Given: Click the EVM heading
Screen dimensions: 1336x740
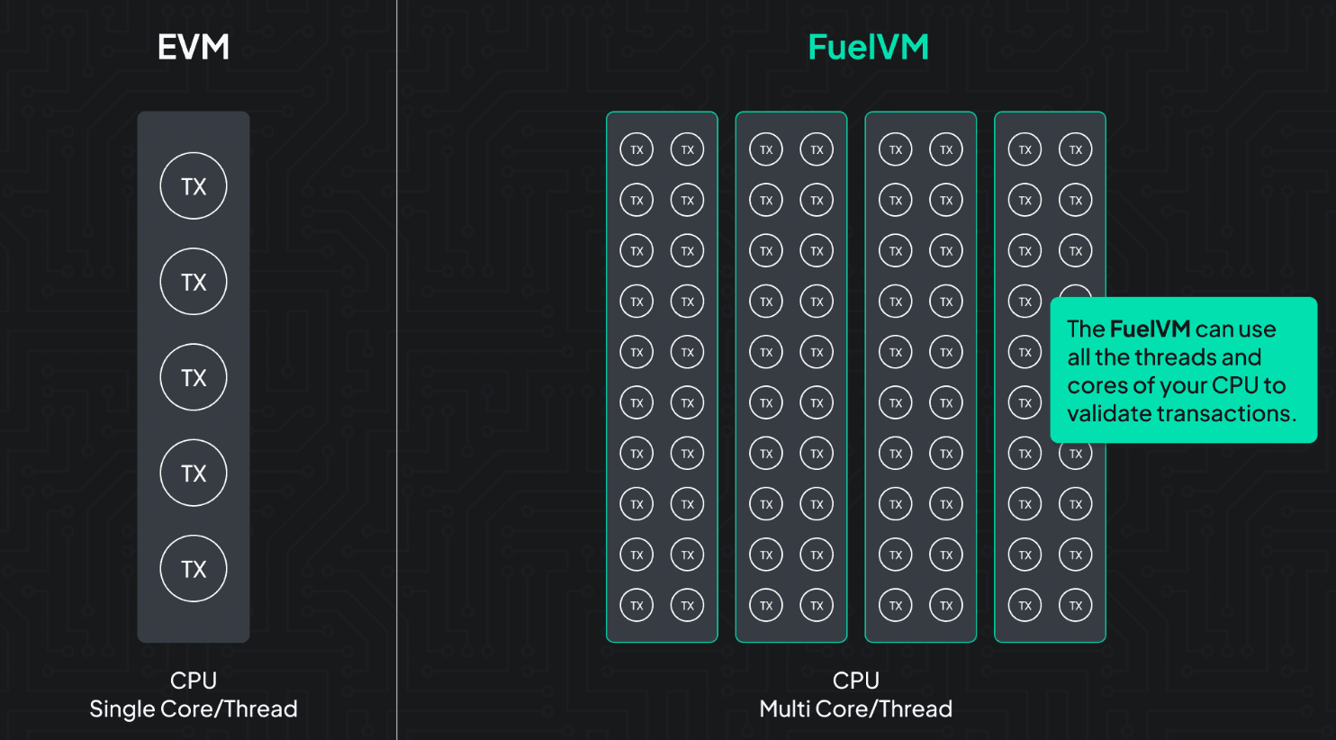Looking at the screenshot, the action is point(194,47).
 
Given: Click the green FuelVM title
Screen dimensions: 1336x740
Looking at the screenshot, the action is point(869,47).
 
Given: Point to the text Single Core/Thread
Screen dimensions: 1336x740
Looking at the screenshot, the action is point(194,709).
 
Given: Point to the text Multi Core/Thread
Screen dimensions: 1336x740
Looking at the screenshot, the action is point(856,709).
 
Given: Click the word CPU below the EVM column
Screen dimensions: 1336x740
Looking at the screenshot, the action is point(194,681).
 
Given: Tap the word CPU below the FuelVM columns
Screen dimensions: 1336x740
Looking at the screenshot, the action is point(856,681).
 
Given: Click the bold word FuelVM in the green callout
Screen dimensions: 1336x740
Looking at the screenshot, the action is point(1150,329).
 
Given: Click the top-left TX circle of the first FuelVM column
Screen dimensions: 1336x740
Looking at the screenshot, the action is point(636,149).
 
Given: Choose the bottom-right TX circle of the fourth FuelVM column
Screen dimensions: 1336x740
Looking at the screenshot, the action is point(1075,605).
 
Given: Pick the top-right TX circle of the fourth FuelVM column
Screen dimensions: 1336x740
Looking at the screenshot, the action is point(1075,149).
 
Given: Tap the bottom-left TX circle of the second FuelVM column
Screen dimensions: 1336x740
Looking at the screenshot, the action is point(766,605).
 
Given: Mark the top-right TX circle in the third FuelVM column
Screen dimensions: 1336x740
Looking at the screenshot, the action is point(946,149).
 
